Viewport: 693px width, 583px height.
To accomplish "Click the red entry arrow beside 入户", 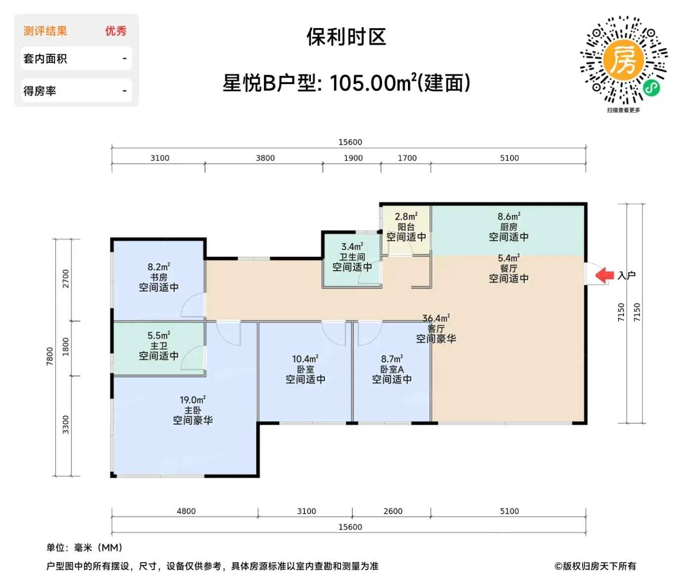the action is (604, 275).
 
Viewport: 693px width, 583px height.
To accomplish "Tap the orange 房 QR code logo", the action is (623, 60).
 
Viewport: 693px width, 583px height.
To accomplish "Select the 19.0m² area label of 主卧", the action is (193, 400).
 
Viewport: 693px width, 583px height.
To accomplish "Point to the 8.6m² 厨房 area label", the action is (509, 217).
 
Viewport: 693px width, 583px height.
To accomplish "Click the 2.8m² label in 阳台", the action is (406, 217).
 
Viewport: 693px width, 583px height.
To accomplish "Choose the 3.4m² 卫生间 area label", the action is (352, 247).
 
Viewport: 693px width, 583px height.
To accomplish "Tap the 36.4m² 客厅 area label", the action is (436, 319).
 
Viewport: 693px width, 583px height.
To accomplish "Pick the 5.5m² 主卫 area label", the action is (158, 336).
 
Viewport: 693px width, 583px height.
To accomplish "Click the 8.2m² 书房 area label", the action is (158, 267).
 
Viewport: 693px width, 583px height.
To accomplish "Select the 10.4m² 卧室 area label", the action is (305, 359).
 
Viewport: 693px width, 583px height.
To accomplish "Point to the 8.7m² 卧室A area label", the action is (392, 359).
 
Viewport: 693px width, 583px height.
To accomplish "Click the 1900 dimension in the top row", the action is (353, 158).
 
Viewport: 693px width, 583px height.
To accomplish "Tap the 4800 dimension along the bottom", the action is (186, 511).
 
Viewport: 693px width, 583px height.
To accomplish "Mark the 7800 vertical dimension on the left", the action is (50, 356).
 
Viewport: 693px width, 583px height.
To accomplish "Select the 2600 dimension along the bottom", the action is (393, 511).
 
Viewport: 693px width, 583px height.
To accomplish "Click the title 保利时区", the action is (346, 37).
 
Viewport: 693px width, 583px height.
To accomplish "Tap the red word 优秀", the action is (116, 31).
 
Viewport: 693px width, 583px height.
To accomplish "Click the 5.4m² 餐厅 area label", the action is (509, 258).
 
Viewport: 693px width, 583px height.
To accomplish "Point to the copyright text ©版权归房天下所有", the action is (595, 566).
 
